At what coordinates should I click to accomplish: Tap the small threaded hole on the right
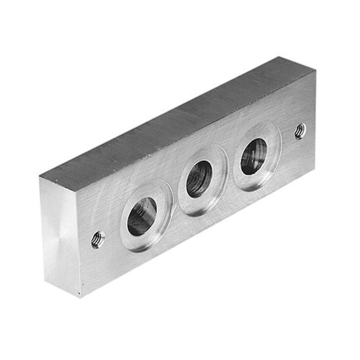click(300, 130)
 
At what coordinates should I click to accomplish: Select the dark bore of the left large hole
click(141, 216)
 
